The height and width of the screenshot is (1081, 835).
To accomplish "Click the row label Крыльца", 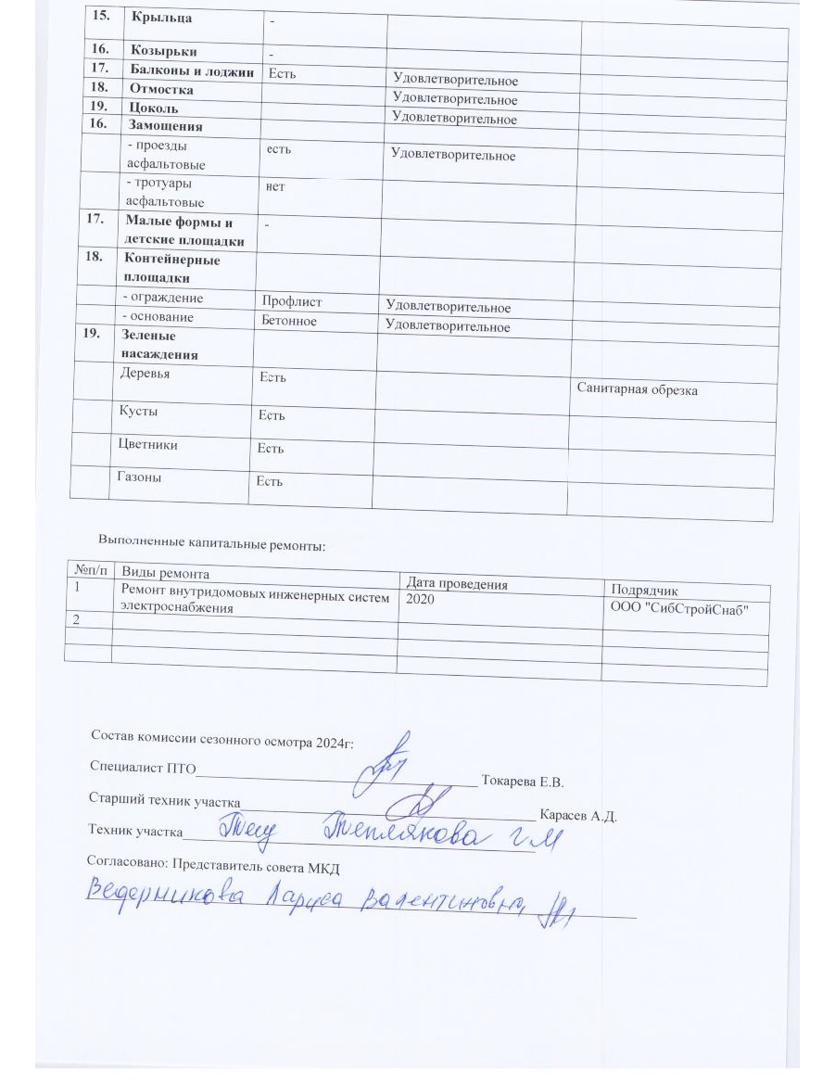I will point(155,17).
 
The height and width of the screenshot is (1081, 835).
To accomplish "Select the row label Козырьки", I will point(162,50).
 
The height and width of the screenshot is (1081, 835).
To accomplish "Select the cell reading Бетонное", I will point(289,321).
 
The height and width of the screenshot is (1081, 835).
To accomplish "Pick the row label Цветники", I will point(148,444).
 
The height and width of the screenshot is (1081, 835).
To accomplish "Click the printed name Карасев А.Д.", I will point(578,816).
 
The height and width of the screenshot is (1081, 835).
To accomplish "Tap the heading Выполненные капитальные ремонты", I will point(212,544).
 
